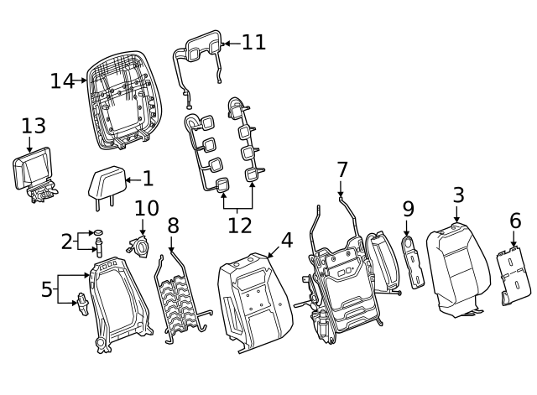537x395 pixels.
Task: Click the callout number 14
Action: point(62,81)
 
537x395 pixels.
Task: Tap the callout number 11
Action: point(253,42)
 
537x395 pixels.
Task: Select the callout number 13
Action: point(33,126)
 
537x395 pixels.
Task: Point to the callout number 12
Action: point(239,225)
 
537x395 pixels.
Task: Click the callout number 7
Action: point(341,169)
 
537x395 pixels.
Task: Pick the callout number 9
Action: point(408,208)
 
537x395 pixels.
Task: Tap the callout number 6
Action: point(515,221)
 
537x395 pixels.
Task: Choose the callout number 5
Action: point(46,290)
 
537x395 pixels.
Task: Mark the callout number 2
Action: point(67,242)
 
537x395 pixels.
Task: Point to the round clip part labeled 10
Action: point(137,245)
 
